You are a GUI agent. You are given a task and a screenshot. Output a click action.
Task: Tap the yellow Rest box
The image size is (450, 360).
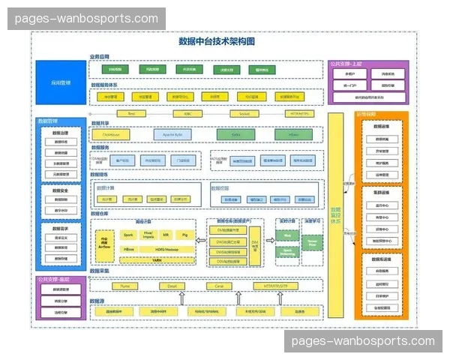click(131, 115)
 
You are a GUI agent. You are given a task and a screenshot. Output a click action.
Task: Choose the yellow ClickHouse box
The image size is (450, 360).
click(111, 135)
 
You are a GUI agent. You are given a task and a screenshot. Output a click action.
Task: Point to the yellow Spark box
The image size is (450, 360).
click(128, 235)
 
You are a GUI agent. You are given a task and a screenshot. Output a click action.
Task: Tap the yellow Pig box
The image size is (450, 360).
click(184, 235)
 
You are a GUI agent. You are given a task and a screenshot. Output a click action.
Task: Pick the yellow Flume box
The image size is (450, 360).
click(125, 286)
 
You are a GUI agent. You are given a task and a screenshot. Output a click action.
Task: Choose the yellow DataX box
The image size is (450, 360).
click(172, 286)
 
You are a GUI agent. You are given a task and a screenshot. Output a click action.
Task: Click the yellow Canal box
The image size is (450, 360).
click(218, 286)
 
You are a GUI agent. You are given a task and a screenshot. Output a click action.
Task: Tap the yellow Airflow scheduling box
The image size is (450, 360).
click(104, 241)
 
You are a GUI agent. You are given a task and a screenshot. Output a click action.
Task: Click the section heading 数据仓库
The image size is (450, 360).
click(99, 214)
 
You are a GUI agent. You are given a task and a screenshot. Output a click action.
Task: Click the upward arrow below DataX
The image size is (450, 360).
click(181, 298)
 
